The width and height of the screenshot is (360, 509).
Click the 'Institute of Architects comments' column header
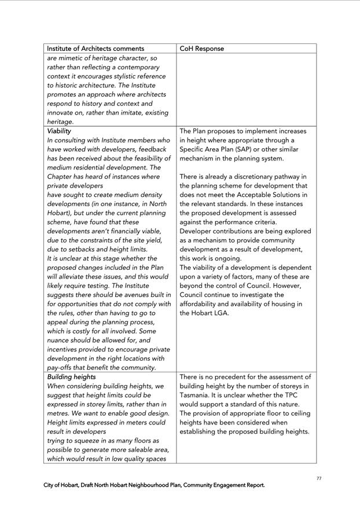[x=95, y=49]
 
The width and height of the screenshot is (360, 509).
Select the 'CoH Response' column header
[x=201, y=49]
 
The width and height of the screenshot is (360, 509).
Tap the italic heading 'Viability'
[x=59, y=131]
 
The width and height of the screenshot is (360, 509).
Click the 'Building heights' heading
[x=72, y=377]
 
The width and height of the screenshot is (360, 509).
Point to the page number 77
[x=319, y=478]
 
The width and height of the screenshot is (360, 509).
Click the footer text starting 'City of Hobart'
[x=154, y=485]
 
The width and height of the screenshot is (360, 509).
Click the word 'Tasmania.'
[x=198, y=395]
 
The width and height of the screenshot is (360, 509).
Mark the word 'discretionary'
[x=254, y=177]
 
